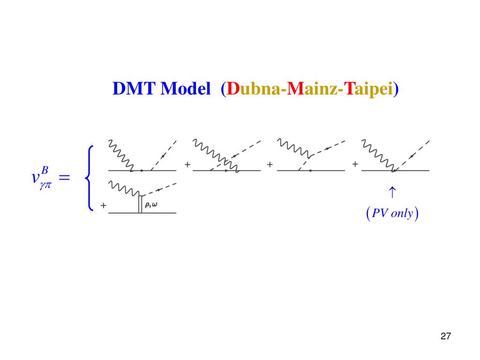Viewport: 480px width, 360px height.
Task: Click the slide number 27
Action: [446, 336]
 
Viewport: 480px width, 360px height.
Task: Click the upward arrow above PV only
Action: [392, 192]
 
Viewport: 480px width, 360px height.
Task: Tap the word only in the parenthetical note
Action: [402, 214]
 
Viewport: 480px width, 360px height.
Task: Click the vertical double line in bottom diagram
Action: [140, 204]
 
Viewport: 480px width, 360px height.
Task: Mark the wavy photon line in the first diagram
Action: [120, 155]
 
